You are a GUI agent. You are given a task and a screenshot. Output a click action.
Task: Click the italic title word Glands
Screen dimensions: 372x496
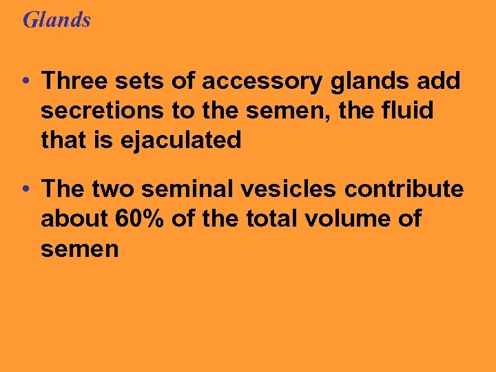click(x=56, y=19)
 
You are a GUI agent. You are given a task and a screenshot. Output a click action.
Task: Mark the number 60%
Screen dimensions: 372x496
click(x=138, y=219)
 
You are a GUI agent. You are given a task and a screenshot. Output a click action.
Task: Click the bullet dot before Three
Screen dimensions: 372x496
click(x=25, y=82)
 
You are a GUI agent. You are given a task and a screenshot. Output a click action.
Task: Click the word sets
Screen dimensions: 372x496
click(x=142, y=81)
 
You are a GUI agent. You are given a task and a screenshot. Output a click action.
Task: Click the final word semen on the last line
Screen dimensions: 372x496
click(x=80, y=249)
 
